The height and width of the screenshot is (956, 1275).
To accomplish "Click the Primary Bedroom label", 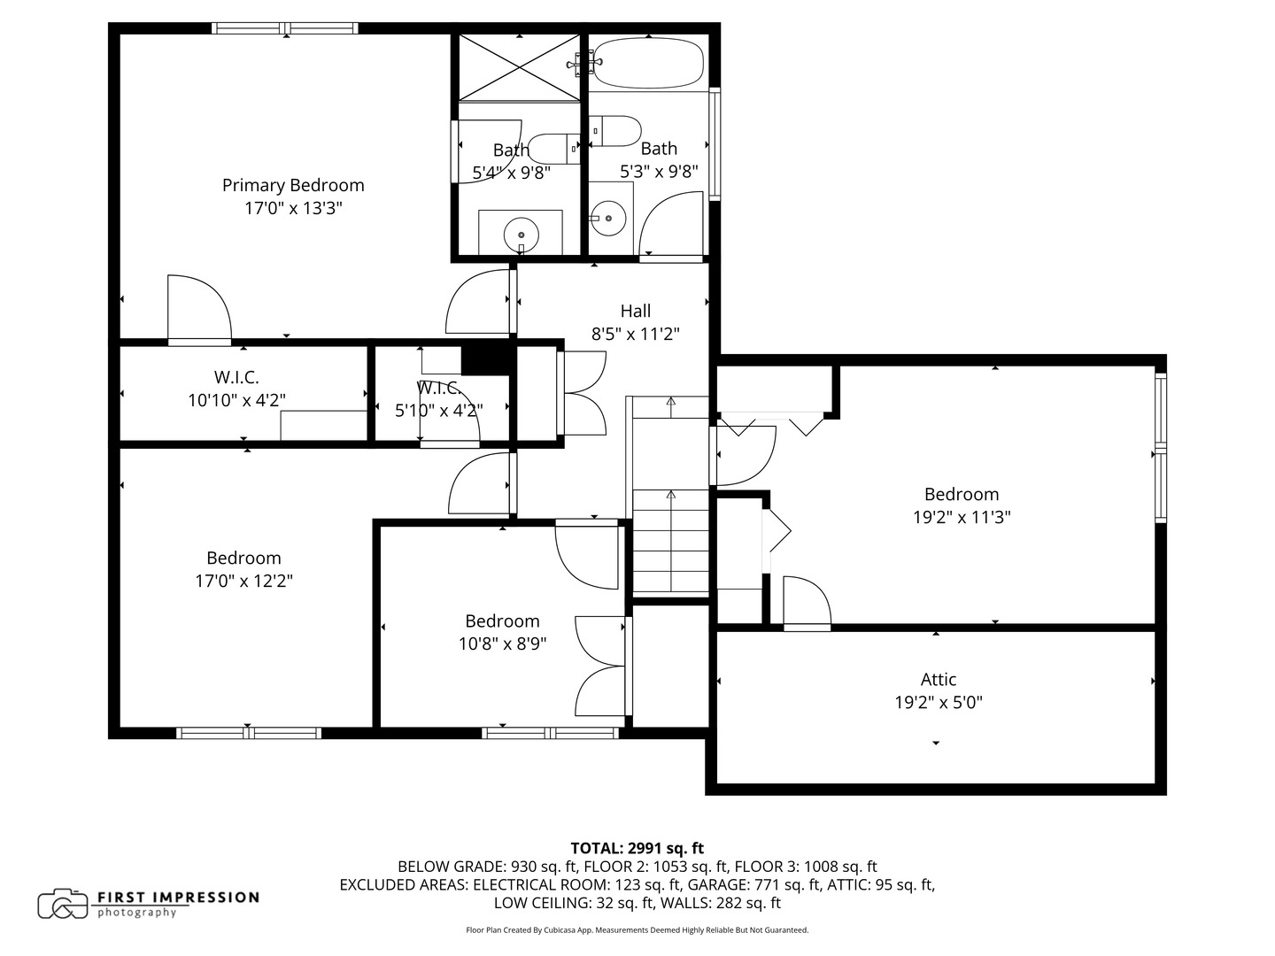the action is (293, 185).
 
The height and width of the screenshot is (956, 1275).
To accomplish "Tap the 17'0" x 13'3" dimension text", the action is (293, 209).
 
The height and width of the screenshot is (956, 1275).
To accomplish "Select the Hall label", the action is (635, 311).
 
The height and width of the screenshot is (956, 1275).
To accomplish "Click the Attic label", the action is (938, 679).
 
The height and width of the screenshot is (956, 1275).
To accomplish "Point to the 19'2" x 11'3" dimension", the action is (962, 517).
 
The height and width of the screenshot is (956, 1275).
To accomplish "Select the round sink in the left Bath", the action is (521, 234).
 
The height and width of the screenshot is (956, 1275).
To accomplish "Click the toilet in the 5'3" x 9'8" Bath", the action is (616, 131).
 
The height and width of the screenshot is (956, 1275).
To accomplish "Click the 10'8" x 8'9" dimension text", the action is (502, 644).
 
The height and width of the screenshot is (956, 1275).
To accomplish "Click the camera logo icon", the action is (62, 904).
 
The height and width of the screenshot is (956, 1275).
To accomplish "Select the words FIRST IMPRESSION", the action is (178, 897).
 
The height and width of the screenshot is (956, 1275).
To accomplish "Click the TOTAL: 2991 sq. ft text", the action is (637, 848).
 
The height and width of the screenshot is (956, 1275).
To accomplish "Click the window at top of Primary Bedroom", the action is (285, 28).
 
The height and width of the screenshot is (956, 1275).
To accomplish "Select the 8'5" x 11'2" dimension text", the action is (635, 334).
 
